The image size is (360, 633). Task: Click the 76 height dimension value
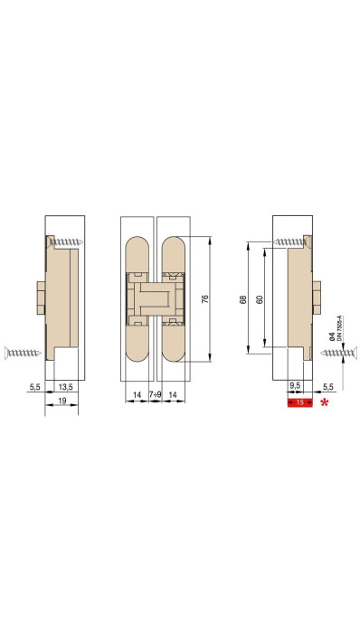tap(204, 299)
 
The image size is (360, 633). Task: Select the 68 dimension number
tap(243, 299)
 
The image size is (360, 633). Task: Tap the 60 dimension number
tap(260, 299)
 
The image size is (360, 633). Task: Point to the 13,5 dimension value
tap(66, 387)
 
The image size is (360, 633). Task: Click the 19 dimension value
tap(62, 402)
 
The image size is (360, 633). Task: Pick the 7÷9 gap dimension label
tap(156, 394)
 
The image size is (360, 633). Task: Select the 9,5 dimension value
tap(295, 385)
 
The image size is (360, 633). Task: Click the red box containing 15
tap(300, 402)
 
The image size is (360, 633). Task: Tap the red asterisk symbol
tap(324, 402)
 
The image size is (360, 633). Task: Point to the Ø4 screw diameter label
tap(332, 336)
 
